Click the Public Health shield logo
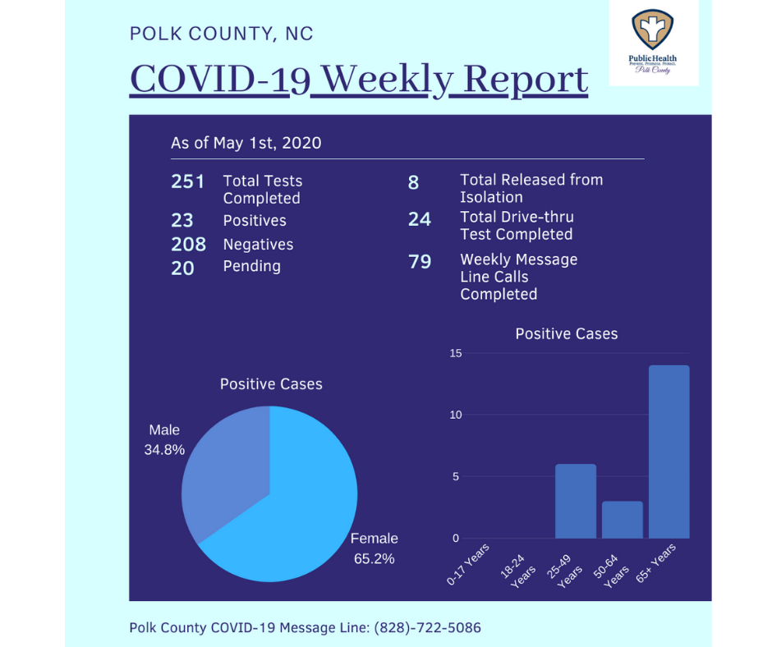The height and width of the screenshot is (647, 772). point(652,29)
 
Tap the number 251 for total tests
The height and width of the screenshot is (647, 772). point(187,181)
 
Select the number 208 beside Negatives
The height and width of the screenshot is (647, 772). point(189,244)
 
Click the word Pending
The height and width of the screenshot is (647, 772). point(251,266)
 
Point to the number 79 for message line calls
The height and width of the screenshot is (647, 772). point(420,261)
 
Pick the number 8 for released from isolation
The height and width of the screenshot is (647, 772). point(414,182)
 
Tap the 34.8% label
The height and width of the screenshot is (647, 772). point(164,450)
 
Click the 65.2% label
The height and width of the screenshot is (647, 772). point(375,559)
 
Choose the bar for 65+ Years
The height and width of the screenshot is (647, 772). point(669,452)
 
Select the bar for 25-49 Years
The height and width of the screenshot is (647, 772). point(576,501)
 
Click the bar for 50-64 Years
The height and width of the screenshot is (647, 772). point(623,520)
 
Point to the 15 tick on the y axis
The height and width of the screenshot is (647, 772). point(456,353)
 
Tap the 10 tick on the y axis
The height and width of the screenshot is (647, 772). point(456,415)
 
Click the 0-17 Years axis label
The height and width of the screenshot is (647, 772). point(468,564)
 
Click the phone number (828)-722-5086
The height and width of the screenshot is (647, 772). point(427,628)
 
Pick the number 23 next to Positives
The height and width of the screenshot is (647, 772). point(182,220)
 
